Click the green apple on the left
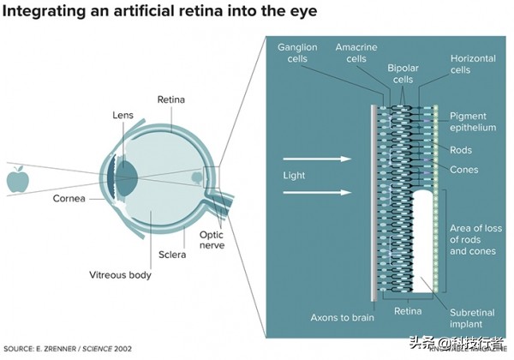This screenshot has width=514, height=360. click(17, 180)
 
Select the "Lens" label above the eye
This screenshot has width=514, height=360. click(123, 115)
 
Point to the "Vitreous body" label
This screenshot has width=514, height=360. click(120, 275)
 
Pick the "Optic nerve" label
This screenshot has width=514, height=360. click(212, 239)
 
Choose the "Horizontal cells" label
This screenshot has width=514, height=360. click(472, 65)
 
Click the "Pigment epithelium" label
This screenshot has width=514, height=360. click(473, 121)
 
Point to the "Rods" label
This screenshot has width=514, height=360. click(461, 150)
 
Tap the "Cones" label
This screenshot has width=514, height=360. click(463, 170)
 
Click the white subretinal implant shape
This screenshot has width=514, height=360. click(424, 240)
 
